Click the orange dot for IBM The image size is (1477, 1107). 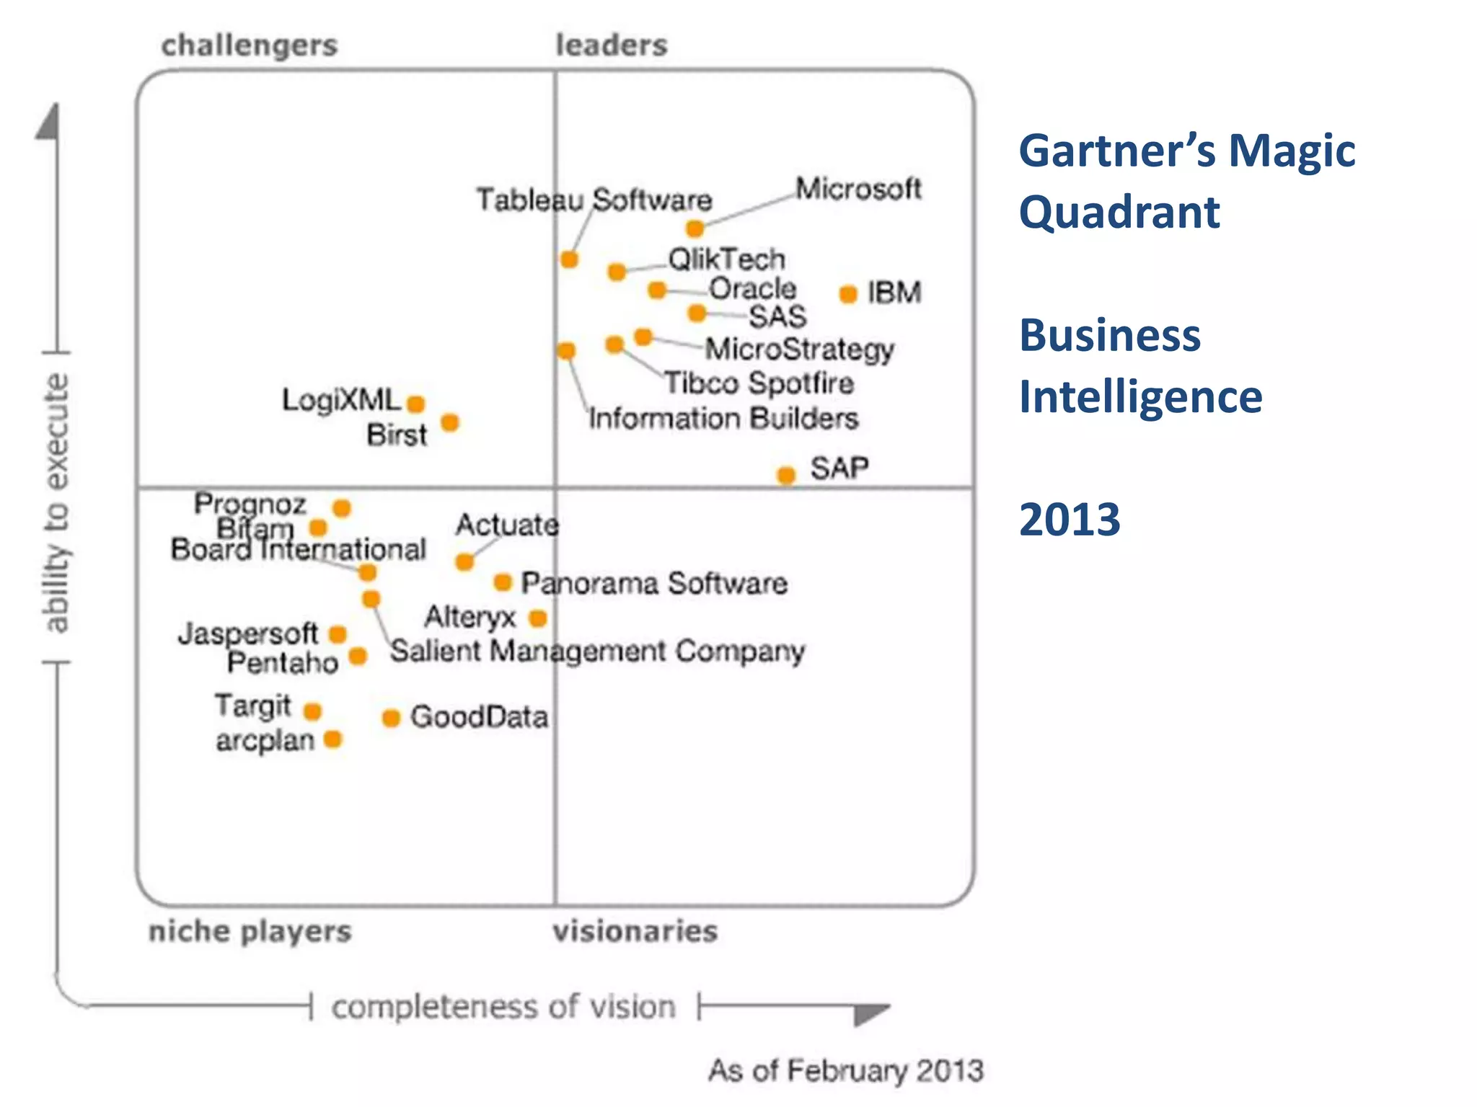pyautogui.click(x=848, y=294)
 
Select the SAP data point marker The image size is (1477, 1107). pyautogui.click(x=786, y=475)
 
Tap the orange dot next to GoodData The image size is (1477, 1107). pyautogui.click(x=391, y=718)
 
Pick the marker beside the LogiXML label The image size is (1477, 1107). pyautogui.click(x=416, y=404)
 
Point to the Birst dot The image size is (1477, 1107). pyautogui.click(x=450, y=422)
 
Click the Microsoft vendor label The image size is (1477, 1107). pyautogui.click(x=858, y=189)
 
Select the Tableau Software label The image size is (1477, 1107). pyautogui.click(x=594, y=200)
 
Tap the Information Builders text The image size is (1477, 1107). pyautogui.click(x=723, y=419)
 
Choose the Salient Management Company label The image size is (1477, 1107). pyautogui.click(x=597, y=652)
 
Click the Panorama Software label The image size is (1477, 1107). pyautogui.click(x=654, y=583)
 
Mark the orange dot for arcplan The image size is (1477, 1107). pyautogui.click(x=332, y=739)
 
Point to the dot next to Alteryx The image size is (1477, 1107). pyautogui.click(x=538, y=618)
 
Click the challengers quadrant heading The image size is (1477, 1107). pyautogui.click(x=250, y=45)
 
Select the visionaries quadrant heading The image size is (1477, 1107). pyautogui.click(x=635, y=931)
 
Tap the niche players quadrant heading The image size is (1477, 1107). pyautogui.click(x=250, y=931)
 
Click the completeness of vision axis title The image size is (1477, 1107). pyautogui.click(x=503, y=1007)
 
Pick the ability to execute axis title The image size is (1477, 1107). pyautogui.click(x=56, y=503)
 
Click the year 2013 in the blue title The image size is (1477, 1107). pyautogui.click(x=1070, y=520)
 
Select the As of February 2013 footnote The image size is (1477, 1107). pyautogui.click(x=845, y=1070)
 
